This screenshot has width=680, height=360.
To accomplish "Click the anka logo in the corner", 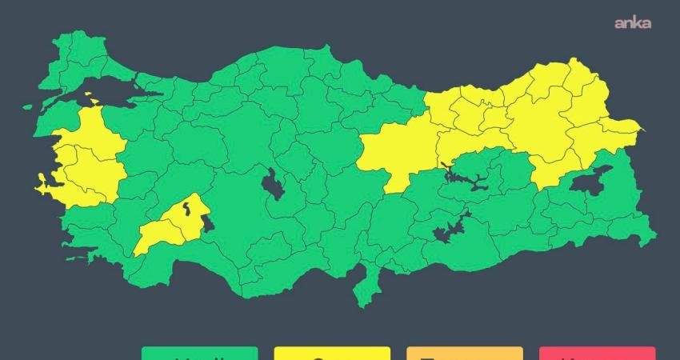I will pos(632,23).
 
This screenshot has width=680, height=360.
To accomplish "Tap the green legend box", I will pos(199,353).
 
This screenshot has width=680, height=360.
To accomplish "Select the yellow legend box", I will pos(331,353).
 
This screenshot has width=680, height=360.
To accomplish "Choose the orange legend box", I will pos(464,353).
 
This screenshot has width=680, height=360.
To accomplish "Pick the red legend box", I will pos(597,353).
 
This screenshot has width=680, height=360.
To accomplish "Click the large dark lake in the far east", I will pos(590,183).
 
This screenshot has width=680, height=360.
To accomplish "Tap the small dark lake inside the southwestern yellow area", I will pos(186,210).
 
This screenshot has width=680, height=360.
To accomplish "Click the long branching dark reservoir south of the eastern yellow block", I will pos(464,178).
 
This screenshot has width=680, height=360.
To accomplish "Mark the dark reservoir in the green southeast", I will pos(442,233).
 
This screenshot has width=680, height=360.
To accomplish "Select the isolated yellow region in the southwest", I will pos(172,224).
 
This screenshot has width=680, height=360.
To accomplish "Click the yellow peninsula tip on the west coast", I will pos(41,188).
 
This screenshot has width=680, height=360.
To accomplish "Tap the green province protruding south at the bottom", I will pos(366,284).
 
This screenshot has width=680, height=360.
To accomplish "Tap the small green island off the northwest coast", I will pos(27,106).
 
